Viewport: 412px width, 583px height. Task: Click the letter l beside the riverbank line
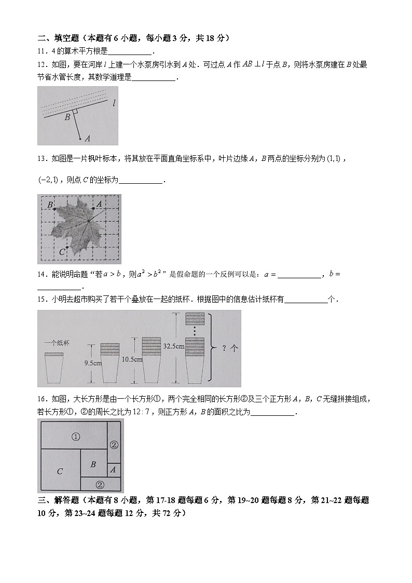(114, 103)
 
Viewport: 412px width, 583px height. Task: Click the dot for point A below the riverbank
(79, 139)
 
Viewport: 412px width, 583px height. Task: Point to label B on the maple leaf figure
(50, 205)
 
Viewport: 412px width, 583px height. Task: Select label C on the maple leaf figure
(62, 252)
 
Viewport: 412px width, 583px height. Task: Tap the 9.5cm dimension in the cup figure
(92, 363)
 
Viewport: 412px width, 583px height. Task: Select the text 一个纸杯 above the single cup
(57, 343)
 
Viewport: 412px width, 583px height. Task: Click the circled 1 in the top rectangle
(76, 437)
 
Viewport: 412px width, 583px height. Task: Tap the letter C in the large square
(60, 471)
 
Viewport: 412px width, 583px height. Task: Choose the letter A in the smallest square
(113, 470)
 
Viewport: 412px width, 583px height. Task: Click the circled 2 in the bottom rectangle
(100, 485)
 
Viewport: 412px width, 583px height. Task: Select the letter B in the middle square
(93, 465)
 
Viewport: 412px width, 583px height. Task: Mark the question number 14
(42, 274)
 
